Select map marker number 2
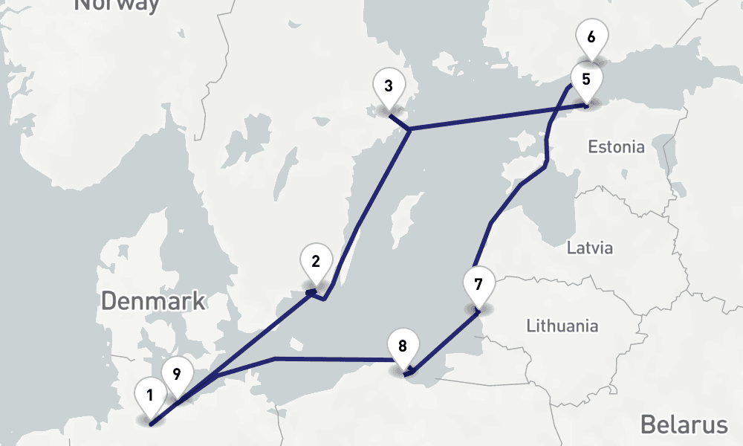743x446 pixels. click(x=316, y=262)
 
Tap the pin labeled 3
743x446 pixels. click(x=389, y=86)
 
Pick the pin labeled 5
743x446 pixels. click(x=586, y=80)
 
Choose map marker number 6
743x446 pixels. click(x=591, y=38)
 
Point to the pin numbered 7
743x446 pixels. click(x=478, y=285)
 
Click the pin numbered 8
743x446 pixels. click(x=403, y=346)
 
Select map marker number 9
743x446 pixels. click(x=177, y=375)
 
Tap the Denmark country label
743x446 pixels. click(x=153, y=301)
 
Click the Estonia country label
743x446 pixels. click(x=616, y=146)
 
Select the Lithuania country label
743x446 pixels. click(x=562, y=326)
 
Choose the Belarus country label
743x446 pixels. click(x=684, y=424)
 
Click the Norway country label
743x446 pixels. click(x=117, y=4)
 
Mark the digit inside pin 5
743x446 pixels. click(x=586, y=78)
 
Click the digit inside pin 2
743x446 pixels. click(x=316, y=261)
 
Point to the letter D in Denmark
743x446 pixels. click(x=108, y=301)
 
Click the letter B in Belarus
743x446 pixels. click(x=648, y=424)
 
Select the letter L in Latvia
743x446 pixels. click(x=570, y=247)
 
